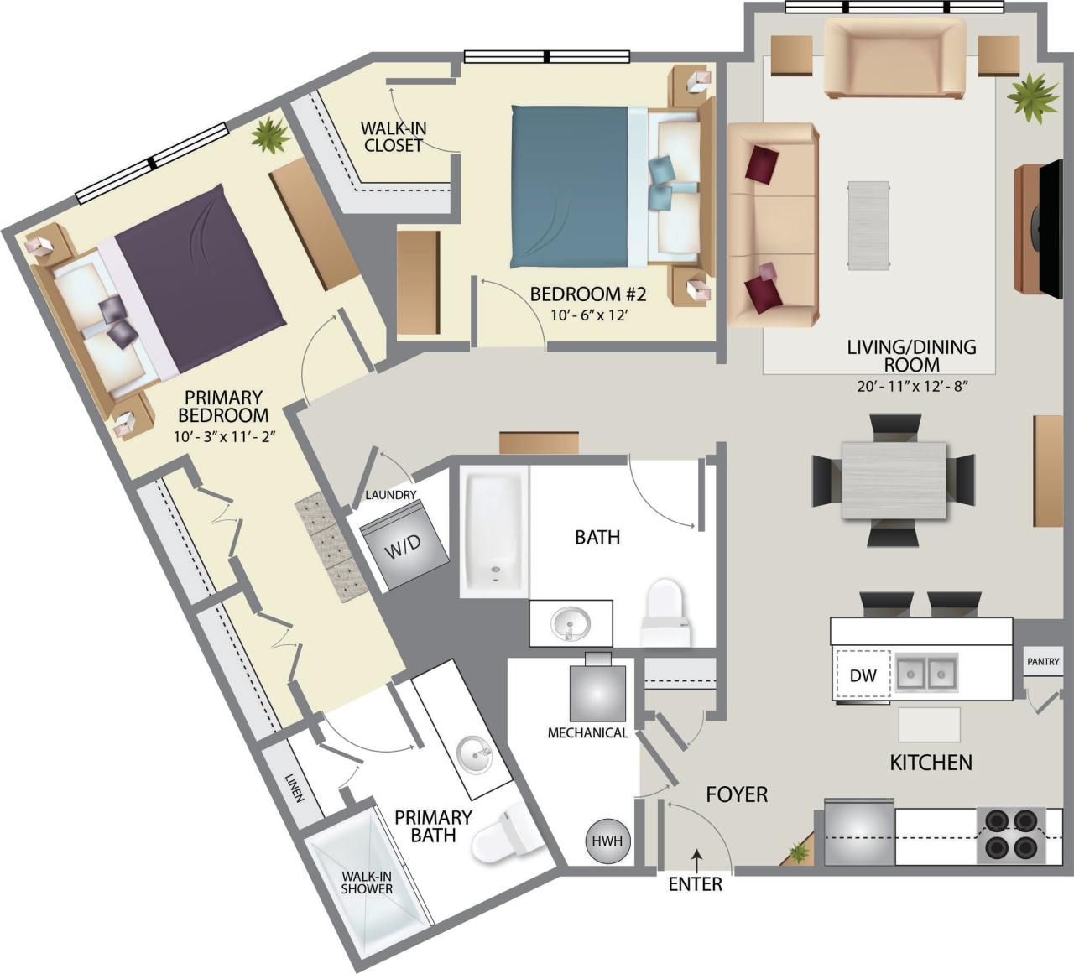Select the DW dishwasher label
863,675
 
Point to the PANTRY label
1043,662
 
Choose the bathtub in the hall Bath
494,534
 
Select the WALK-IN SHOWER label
367,883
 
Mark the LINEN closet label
293,788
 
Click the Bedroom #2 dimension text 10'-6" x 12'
590,315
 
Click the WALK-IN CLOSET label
394,137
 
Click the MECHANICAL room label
587,732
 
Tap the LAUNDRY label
390,495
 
